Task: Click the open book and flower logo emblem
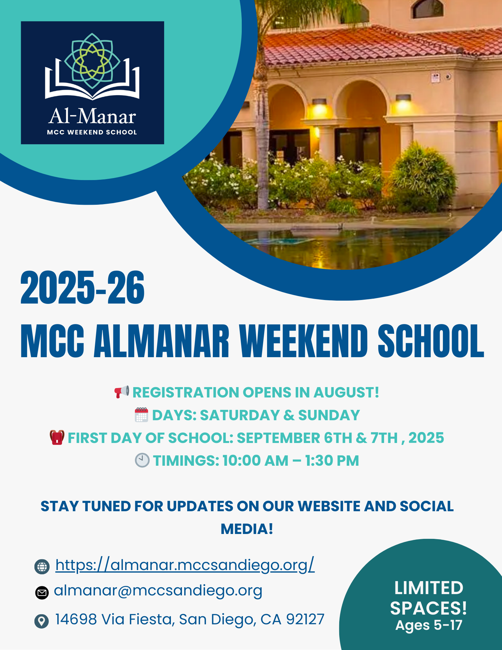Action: pos(92,66)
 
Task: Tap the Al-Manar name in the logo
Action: pos(92,116)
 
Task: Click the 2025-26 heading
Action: pos(83,288)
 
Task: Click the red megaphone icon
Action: pos(122,392)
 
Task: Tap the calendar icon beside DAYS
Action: pos(142,415)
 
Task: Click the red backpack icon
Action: pos(57,437)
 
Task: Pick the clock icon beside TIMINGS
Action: pos(142,461)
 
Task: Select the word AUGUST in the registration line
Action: pos(346,392)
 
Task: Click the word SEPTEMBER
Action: pos(278,438)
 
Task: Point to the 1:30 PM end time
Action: pos(332,461)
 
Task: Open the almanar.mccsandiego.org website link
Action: pos(185,565)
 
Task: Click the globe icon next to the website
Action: pos(42,566)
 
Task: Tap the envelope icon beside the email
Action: pos(42,592)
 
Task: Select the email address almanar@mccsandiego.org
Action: pos(158,591)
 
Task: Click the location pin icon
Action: pos(42,621)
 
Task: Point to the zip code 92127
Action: pos(305,619)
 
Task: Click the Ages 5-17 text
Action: pos(429,625)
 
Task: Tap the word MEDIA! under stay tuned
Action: pos(247,529)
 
